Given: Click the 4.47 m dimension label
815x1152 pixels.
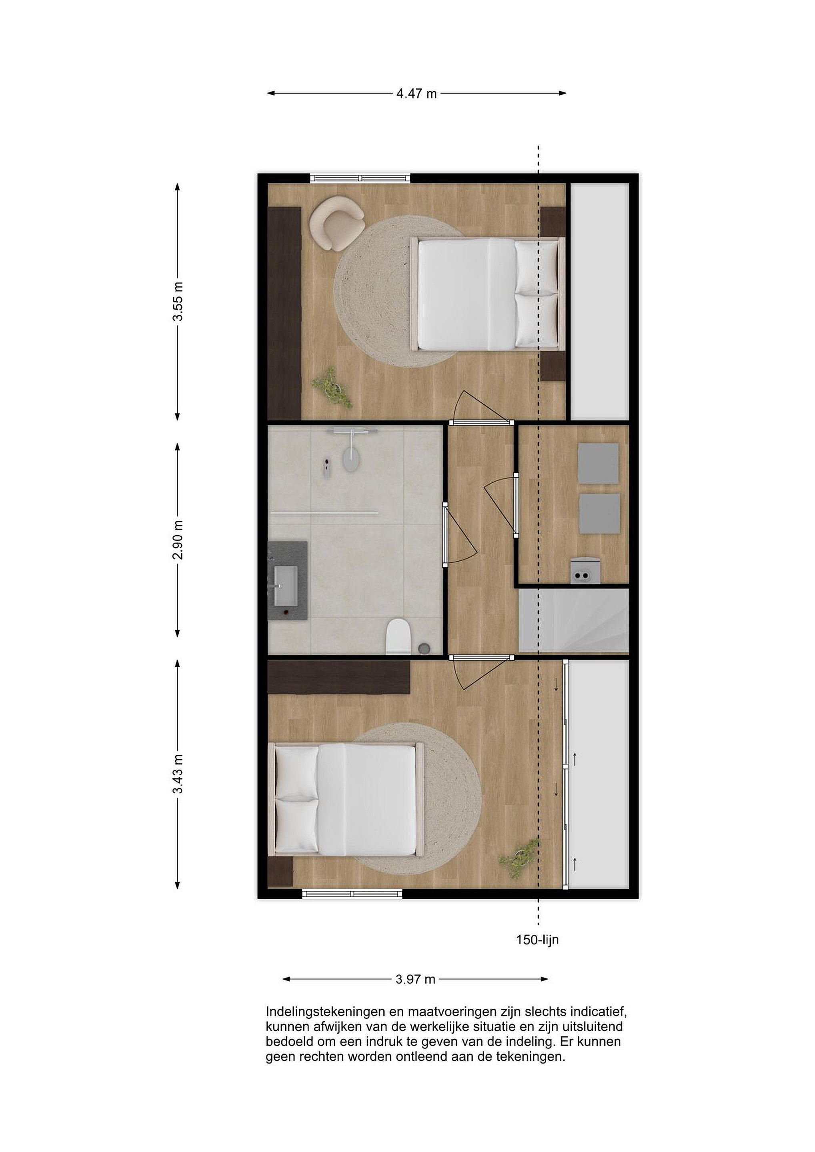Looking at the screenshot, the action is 417,93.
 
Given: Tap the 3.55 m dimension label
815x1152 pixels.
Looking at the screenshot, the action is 178,302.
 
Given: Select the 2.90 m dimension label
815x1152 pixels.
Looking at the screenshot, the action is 178,540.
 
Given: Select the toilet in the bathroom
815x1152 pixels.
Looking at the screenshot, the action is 399,637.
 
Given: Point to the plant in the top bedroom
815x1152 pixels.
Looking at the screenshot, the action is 332,387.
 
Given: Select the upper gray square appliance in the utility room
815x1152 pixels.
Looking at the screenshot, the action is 598,463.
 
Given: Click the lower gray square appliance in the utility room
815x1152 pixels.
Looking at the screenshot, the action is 599,514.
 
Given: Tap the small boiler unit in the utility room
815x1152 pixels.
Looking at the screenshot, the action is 584,570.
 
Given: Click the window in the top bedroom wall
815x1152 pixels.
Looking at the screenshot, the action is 360,178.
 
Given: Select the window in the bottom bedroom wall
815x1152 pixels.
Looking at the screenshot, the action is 352,894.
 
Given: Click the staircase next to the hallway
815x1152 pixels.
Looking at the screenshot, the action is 573,621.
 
